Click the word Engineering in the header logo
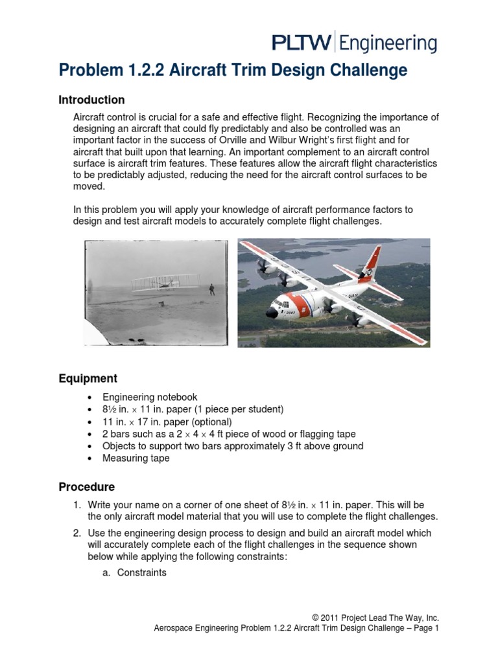coord(388,45)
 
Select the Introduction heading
coord(91,100)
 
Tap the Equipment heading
coord(88,378)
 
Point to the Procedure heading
coord(87,486)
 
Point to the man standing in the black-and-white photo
coord(212,289)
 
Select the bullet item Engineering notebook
coord(150,397)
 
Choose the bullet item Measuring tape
coord(136,458)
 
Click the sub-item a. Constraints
coord(136,572)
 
